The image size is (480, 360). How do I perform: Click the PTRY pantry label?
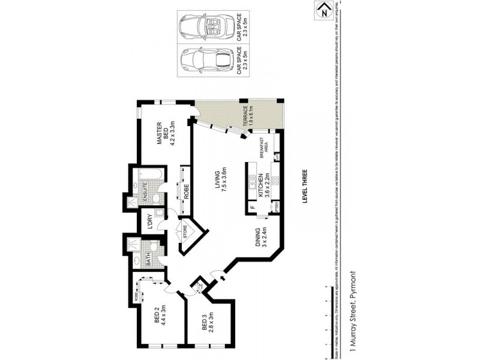click(277, 208)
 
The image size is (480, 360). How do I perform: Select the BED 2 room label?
click(158, 316)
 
